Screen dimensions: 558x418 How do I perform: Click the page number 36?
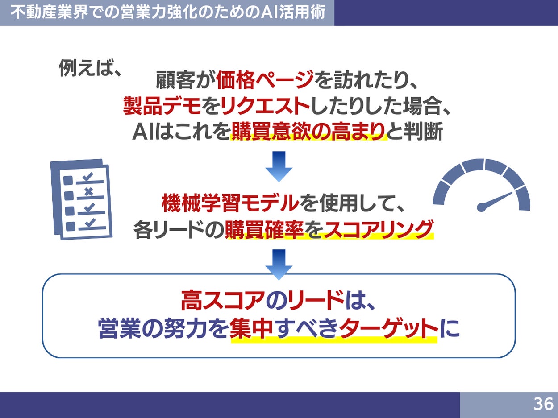[543, 404]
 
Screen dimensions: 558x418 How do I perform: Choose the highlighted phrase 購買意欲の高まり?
[308, 132]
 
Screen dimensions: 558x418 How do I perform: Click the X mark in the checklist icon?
[88, 192]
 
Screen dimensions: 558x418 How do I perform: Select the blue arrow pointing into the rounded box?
[279, 264]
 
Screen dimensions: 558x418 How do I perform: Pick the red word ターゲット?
[388, 329]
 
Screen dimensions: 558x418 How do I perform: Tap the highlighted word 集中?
[251, 329]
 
